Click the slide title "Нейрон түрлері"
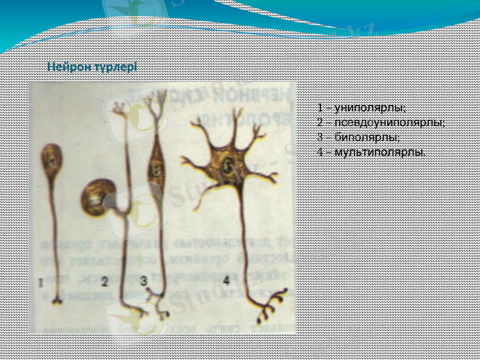click(92, 67)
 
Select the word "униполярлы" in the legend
click(370, 108)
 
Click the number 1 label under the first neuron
click(40, 282)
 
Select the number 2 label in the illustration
click(105, 280)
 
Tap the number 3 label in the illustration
click(143, 280)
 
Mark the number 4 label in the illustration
click(226, 280)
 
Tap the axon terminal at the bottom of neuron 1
click(56, 301)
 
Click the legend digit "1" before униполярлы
click(321, 108)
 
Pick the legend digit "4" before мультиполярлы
click(321, 151)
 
